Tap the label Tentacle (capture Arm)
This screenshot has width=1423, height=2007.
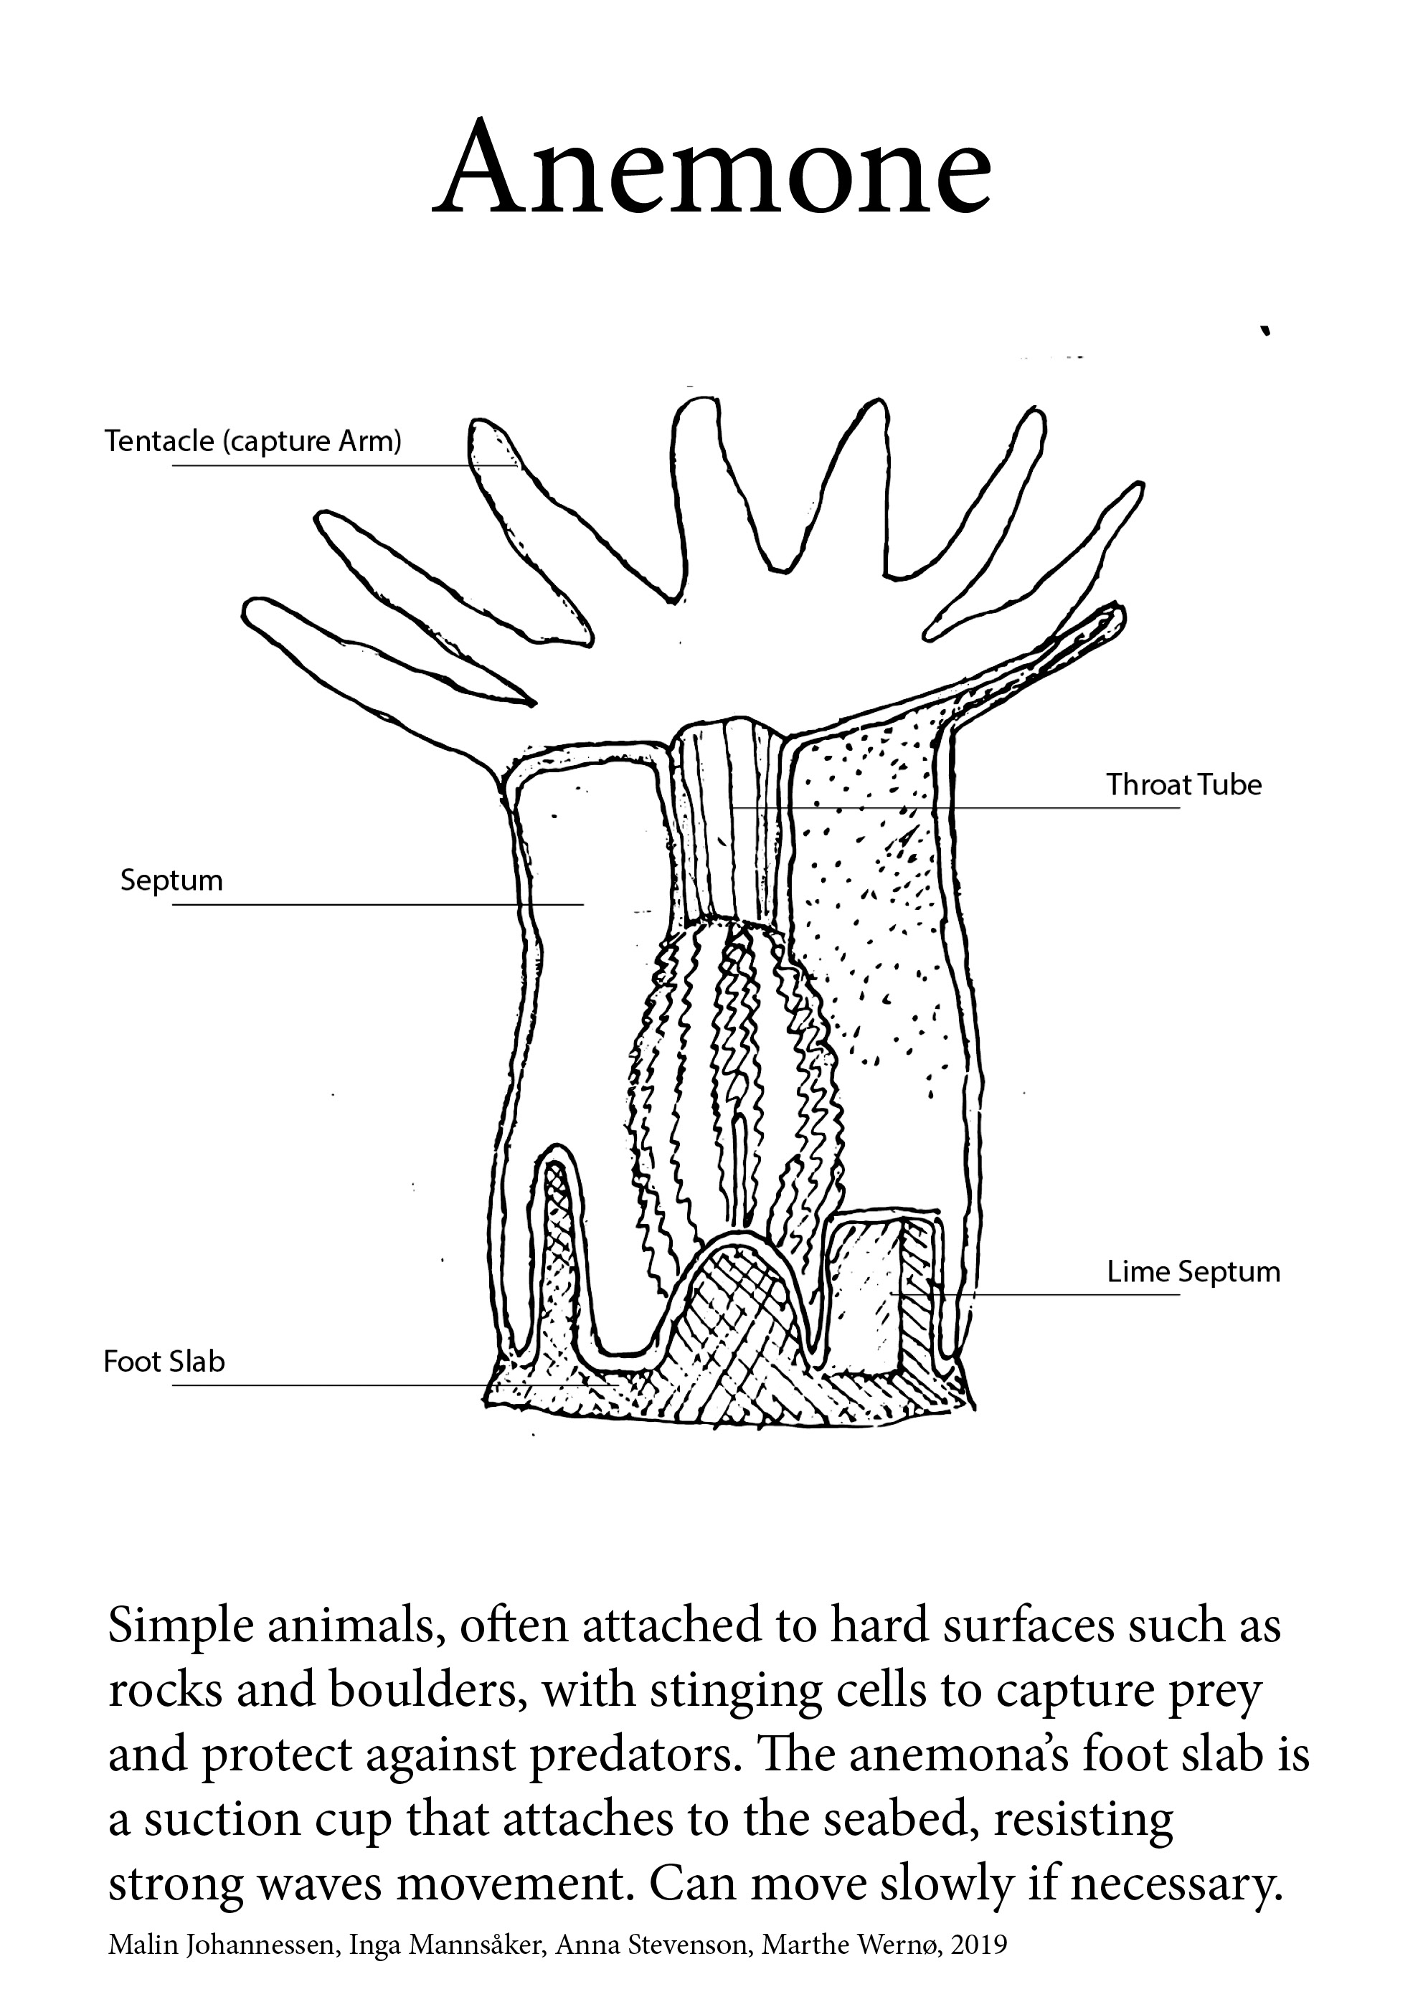[x=253, y=441]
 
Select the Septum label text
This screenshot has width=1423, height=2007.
[x=171, y=880]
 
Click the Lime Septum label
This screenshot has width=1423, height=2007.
[x=1193, y=1271]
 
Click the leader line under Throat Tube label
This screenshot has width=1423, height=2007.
[x=964, y=807]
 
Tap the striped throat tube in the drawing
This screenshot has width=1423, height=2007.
[x=729, y=823]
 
